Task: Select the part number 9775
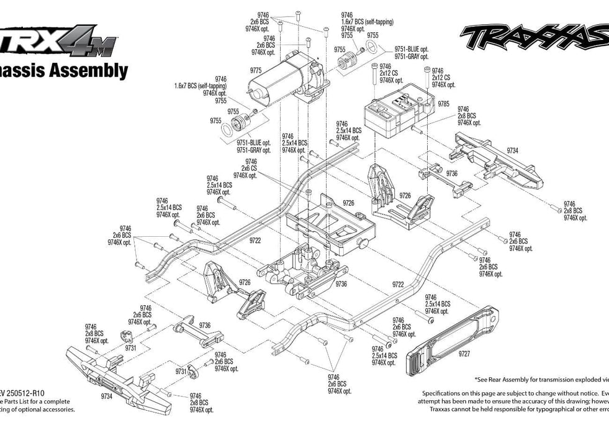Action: click(x=255, y=71)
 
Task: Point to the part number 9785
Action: click(x=443, y=104)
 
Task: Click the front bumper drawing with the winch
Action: click(x=118, y=379)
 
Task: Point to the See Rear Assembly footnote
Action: click(x=540, y=378)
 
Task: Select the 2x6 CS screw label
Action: click(x=250, y=168)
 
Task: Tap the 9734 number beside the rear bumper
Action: click(x=512, y=150)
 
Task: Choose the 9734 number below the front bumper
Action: click(x=106, y=396)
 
